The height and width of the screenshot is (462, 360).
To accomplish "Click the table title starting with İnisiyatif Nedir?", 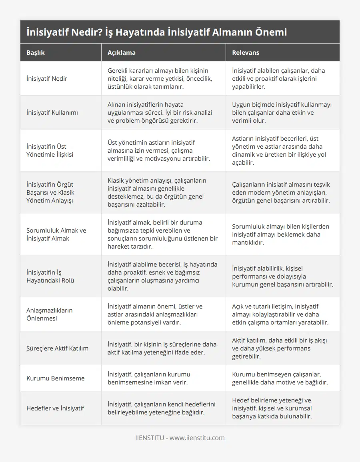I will pos(157,32).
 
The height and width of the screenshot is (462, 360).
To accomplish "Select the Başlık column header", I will pos(36,52).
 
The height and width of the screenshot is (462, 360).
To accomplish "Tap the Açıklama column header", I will pos(121,52).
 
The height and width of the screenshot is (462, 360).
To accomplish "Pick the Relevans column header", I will pos(246,52).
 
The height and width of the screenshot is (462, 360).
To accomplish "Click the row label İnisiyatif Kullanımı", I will pos(52,112).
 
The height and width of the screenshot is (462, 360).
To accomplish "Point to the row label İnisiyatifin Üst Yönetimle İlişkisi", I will pos(50,150).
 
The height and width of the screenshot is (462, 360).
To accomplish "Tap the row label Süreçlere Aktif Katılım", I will pos(57,348).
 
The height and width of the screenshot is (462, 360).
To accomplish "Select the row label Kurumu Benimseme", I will pos(56,378).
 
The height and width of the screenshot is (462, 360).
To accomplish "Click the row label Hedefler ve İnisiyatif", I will pos(55,408).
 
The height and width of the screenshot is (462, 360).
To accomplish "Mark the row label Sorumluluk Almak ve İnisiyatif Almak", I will pos(56,234).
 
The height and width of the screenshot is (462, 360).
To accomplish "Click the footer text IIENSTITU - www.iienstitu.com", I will pos(180,438).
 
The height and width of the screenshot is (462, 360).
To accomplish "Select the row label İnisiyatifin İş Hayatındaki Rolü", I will pos(50,276).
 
